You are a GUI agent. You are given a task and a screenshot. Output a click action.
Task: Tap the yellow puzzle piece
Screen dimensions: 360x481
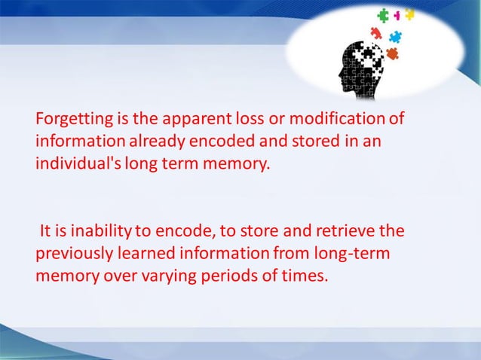(409, 14)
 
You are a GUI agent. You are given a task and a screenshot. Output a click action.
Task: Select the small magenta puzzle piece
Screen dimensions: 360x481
(397, 15)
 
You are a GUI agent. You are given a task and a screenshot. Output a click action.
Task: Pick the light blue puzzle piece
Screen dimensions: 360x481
(394, 36)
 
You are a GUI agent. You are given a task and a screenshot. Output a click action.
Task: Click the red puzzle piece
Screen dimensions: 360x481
(375, 32)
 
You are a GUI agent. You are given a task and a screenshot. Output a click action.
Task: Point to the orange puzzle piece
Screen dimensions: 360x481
(391, 53)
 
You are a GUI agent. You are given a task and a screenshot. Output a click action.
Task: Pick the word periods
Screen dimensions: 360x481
(226, 273)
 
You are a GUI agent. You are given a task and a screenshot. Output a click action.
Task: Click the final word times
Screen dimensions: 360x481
(306, 273)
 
